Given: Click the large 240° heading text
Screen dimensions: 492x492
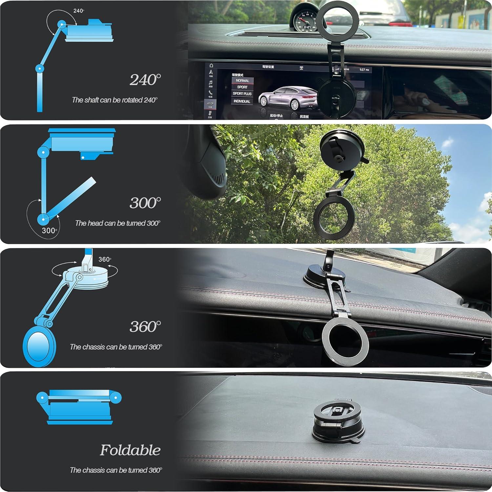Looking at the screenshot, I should [145, 80].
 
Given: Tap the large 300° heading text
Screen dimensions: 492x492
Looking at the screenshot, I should [145, 203].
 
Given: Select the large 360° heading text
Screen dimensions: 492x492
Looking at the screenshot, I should [145, 326].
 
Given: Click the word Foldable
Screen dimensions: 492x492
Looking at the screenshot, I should [130, 450].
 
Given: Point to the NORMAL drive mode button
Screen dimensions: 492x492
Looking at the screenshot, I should [242, 80].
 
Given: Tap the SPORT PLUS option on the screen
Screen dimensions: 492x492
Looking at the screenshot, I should [242, 94].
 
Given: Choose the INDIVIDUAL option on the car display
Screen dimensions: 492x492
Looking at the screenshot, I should [242, 101].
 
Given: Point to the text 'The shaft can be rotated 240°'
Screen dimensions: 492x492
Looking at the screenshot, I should [115, 100].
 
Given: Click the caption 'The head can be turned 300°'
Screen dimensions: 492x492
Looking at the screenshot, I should [117, 223].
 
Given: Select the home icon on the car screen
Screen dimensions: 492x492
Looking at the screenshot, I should [211, 66].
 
